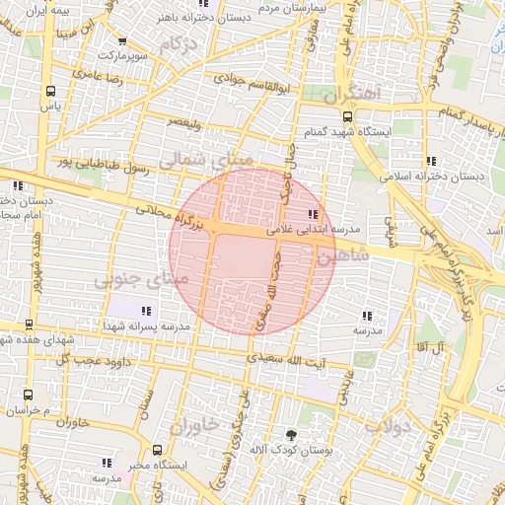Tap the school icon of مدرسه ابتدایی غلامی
pos(313,214)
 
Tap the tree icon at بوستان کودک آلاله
pos(290,434)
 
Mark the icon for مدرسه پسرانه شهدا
pos(146,311)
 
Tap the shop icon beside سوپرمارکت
pos(121,41)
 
